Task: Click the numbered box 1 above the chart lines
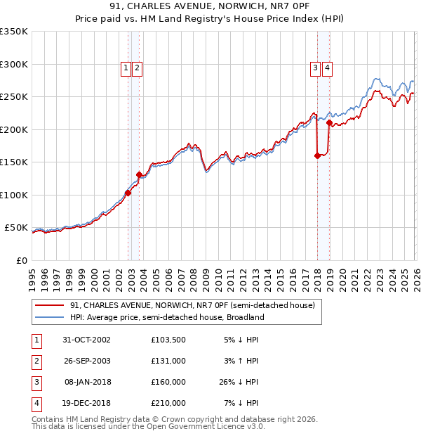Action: point(126,68)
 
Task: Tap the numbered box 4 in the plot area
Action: point(328,68)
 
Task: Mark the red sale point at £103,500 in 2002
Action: point(128,193)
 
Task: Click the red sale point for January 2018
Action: point(317,155)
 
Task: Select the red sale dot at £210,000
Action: point(329,123)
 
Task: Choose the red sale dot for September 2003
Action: point(139,174)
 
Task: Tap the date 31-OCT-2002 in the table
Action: point(87,339)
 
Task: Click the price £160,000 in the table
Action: point(168,382)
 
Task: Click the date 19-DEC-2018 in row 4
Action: point(87,403)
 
